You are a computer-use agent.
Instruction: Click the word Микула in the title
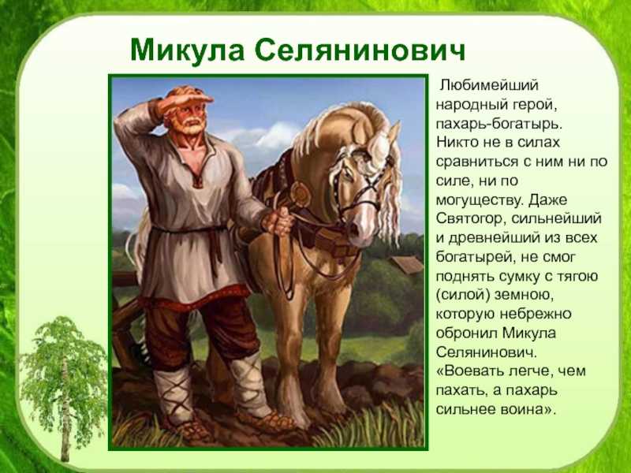pos(187,50)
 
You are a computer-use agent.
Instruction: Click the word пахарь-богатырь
pos(498,124)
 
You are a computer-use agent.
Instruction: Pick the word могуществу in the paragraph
pos(480,200)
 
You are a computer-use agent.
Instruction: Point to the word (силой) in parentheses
pos(463,295)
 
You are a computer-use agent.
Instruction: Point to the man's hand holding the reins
pos(278,222)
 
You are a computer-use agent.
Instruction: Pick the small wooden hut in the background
pos(408,265)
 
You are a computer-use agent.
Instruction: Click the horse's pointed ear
pos(394,132)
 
